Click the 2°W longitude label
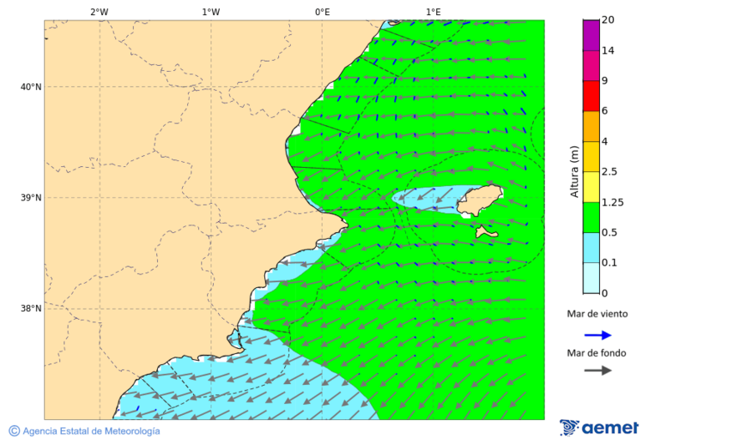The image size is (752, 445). click(99, 12)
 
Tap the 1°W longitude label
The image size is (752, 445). click(211, 12)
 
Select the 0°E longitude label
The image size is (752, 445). click(322, 12)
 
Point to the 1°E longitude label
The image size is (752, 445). click(433, 12)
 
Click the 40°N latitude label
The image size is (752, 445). click(31, 87)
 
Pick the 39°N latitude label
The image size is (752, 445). click(31, 198)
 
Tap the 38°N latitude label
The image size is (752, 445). click(31, 308)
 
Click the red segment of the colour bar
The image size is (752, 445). click(592, 95)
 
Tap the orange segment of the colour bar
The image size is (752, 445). click(592, 126)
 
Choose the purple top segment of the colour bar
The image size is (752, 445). click(592, 35)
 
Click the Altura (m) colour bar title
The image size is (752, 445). click(574, 171)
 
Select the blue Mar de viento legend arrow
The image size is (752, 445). click(597, 335)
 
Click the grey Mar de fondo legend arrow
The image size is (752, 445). click(597, 371)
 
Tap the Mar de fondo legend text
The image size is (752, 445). click(597, 353)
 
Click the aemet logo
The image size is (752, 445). click(599, 427)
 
